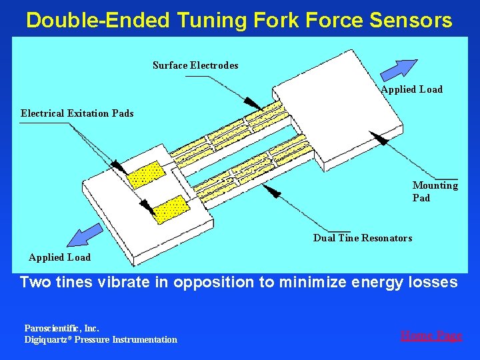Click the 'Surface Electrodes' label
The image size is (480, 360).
point(195,65)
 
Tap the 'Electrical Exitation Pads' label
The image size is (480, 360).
point(77,113)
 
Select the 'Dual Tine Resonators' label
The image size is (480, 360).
point(362,238)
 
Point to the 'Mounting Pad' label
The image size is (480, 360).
point(435,191)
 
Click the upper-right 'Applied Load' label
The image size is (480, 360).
point(411,89)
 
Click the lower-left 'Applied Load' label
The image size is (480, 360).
point(59,257)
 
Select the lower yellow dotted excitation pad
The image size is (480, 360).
point(171,208)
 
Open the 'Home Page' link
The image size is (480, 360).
point(431,336)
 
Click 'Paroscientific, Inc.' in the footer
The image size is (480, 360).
point(61,328)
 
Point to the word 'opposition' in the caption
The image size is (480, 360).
point(212,283)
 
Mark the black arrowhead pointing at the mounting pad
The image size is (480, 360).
point(378,138)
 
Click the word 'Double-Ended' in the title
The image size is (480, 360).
point(97,20)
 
